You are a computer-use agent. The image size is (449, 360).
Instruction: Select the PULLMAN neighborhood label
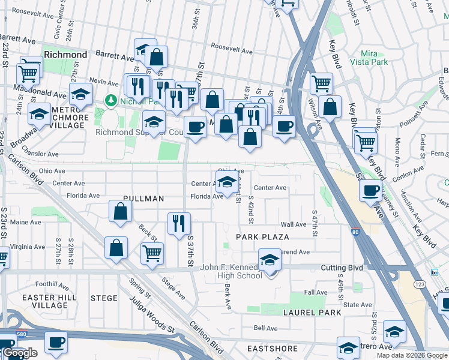[x=143, y=198]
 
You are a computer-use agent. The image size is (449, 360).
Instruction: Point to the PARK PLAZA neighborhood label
[x=263, y=237]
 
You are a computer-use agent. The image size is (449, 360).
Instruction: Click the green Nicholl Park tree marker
[x=110, y=100]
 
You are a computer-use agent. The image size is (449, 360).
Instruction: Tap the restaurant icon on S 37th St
[x=178, y=224]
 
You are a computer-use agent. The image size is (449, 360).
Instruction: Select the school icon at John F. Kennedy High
[x=270, y=260]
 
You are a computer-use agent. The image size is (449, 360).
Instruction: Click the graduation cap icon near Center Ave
[x=226, y=182]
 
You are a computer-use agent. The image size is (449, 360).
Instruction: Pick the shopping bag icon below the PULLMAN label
[x=120, y=211]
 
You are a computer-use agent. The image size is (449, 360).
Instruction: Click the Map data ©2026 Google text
[x=412, y=355]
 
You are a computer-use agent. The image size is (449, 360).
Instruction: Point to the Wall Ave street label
[x=293, y=224]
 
